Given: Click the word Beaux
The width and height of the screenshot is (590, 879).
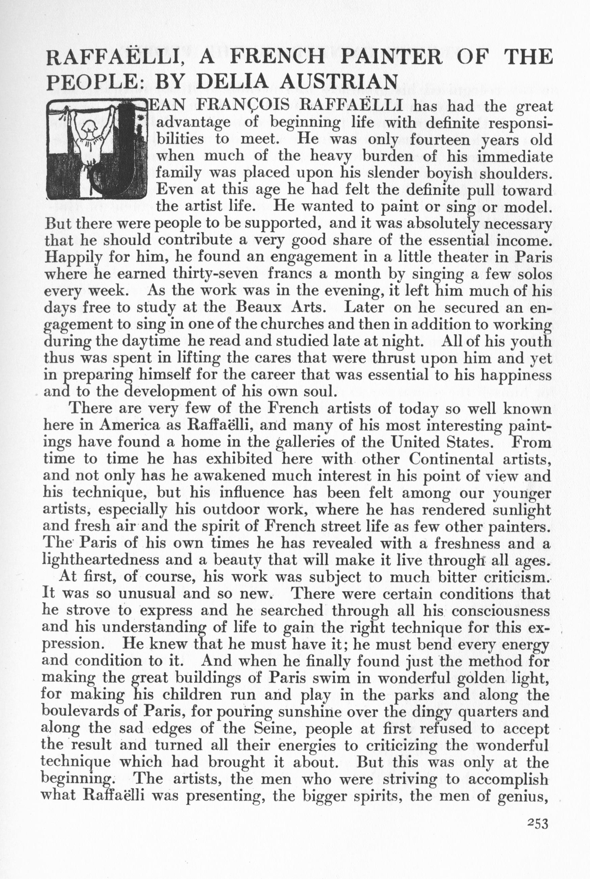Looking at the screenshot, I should tap(257, 307).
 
